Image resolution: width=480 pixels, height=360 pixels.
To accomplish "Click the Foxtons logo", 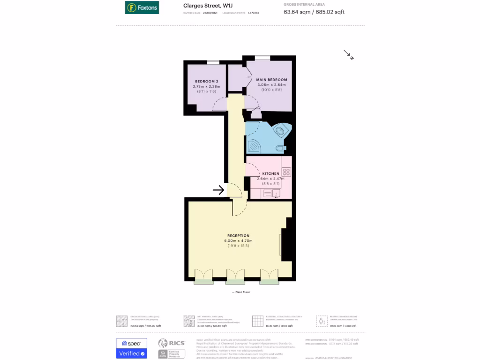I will click(142, 7).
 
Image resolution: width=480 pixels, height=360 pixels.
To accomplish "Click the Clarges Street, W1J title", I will click(208, 6).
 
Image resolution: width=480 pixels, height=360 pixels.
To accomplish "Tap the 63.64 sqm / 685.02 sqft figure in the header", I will click(314, 12).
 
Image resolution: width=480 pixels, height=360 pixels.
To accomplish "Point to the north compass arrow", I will click(348, 55).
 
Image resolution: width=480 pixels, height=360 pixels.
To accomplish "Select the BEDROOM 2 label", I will click(206, 82).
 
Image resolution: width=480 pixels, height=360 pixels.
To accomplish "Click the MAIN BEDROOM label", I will click(271, 80).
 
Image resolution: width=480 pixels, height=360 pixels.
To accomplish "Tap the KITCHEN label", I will click(270, 173).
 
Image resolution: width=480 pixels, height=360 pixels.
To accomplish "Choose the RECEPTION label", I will click(238, 235).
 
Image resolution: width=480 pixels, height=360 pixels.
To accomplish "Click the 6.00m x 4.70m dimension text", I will click(238, 240).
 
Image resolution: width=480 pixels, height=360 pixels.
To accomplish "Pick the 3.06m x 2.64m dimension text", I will click(271, 85).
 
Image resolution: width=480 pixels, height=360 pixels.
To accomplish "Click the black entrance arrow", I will click(218, 190).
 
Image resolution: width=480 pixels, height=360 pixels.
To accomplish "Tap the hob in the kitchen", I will click(286, 172).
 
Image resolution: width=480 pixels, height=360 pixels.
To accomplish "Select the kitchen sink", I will click(276, 193).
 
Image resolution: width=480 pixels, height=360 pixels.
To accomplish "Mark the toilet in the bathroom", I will click(280, 149).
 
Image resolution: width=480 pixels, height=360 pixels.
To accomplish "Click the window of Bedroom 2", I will click(213, 62).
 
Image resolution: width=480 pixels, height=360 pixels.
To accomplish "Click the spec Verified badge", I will click(131, 348).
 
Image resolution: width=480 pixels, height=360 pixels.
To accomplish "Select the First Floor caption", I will click(241, 292).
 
